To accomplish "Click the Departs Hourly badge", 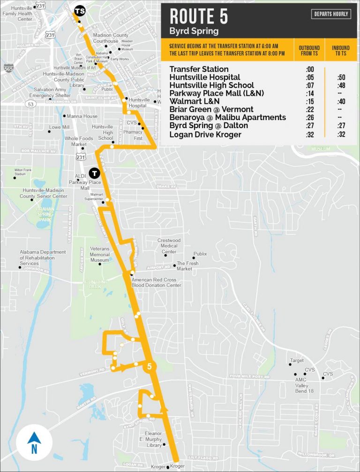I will [x=331, y=14].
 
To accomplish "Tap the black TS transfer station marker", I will [x=80, y=10].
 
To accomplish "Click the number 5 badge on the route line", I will [x=150, y=367].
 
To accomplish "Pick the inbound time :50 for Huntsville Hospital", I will [x=341, y=77].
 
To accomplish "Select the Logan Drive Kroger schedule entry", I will [x=205, y=135].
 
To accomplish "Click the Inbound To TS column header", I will [x=341, y=51].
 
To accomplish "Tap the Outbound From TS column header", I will [x=309, y=51].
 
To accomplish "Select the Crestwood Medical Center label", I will [x=169, y=246].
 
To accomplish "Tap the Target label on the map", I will [x=297, y=361].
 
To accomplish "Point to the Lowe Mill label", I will [x=59, y=127].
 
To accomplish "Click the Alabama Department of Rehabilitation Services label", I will [x=43, y=258].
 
